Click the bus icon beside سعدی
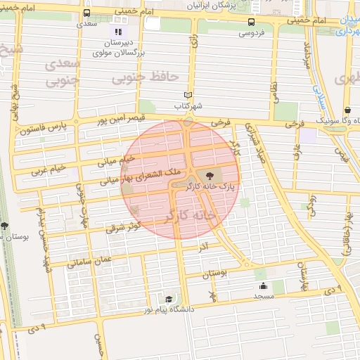(x=86, y=14)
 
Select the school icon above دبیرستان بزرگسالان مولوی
(x=117, y=31)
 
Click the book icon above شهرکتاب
(x=187, y=96)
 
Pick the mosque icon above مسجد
(x=264, y=285)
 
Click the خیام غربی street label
(x=49, y=169)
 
